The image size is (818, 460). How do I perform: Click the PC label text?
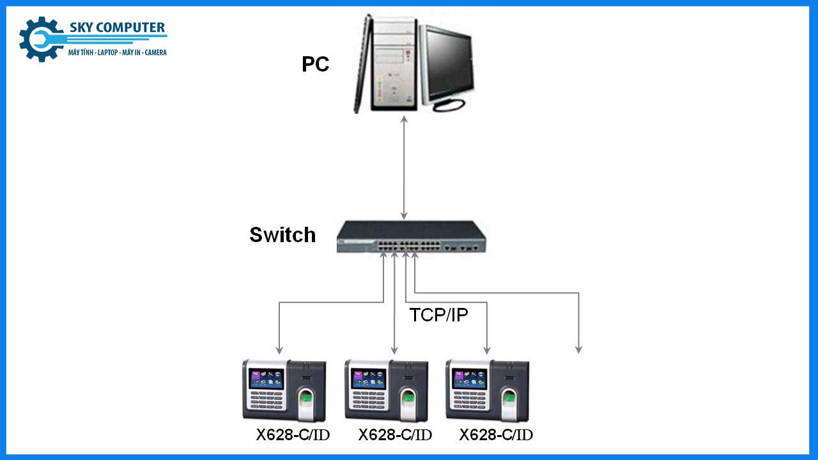pyautogui.click(x=316, y=64)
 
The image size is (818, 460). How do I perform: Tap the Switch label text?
pyautogui.click(x=282, y=234)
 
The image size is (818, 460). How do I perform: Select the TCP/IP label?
pyautogui.click(x=438, y=314)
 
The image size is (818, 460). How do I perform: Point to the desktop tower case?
pyautogui.click(x=387, y=64)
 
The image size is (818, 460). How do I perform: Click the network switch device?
pyautogui.click(x=412, y=238)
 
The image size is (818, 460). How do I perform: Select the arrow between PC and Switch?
pyautogui.click(x=404, y=167)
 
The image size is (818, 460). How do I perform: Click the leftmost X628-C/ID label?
pyautogui.click(x=293, y=435)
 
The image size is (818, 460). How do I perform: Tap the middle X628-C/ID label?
pyautogui.click(x=395, y=435)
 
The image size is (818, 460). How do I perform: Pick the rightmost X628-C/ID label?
pyautogui.click(x=496, y=435)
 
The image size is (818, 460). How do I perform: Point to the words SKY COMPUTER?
pyautogui.click(x=116, y=27)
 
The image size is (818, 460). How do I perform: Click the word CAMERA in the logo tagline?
pyautogui.click(x=155, y=52)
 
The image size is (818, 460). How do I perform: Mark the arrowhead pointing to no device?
pyautogui.click(x=578, y=349)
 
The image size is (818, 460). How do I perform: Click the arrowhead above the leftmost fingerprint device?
pyautogui.click(x=279, y=349)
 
